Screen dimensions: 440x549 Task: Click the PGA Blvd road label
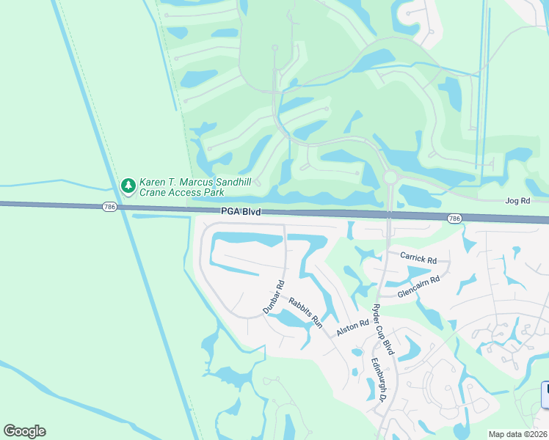(x=241, y=212)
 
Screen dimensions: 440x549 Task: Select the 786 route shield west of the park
(x=109, y=208)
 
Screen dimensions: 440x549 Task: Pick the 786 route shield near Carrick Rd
(x=454, y=219)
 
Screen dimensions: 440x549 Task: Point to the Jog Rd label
(x=517, y=200)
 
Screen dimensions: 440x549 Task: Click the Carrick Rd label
(x=418, y=258)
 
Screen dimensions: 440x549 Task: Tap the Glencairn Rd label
(x=418, y=286)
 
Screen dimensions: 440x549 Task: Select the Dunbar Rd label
(x=274, y=298)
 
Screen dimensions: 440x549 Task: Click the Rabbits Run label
(x=305, y=311)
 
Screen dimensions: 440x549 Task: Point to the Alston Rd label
(x=352, y=328)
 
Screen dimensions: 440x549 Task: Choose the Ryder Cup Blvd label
(x=384, y=329)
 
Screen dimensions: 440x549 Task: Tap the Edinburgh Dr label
(x=378, y=379)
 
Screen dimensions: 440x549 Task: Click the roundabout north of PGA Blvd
(x=390, y=177)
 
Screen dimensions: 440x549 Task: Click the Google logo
(x=24, y=431)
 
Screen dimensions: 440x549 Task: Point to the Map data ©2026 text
(x=518, y=434)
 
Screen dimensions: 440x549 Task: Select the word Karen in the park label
(x=156, y=181)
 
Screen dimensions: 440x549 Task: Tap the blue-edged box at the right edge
(x=545, y=395)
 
